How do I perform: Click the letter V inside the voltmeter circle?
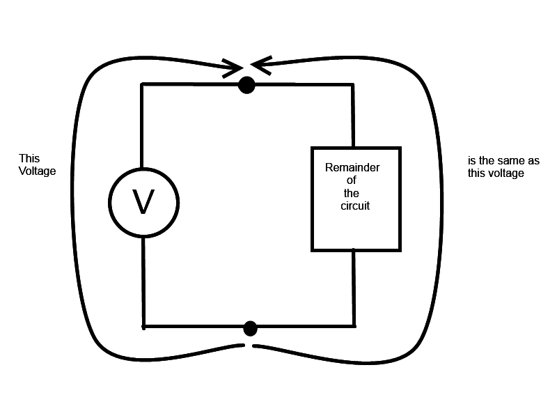143,202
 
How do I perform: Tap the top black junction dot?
246,85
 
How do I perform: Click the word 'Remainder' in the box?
352,168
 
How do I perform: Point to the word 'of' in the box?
351,181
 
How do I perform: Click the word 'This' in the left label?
29,159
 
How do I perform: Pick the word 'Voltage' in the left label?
37,171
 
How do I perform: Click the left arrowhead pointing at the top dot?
233,69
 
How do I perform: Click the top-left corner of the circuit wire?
142,85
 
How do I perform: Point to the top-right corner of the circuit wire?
353,85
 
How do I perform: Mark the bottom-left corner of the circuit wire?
144,326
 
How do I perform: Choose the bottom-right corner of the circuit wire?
354,326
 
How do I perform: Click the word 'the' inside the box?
352,194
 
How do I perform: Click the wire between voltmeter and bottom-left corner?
144,282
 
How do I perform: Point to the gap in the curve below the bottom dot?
248,346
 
